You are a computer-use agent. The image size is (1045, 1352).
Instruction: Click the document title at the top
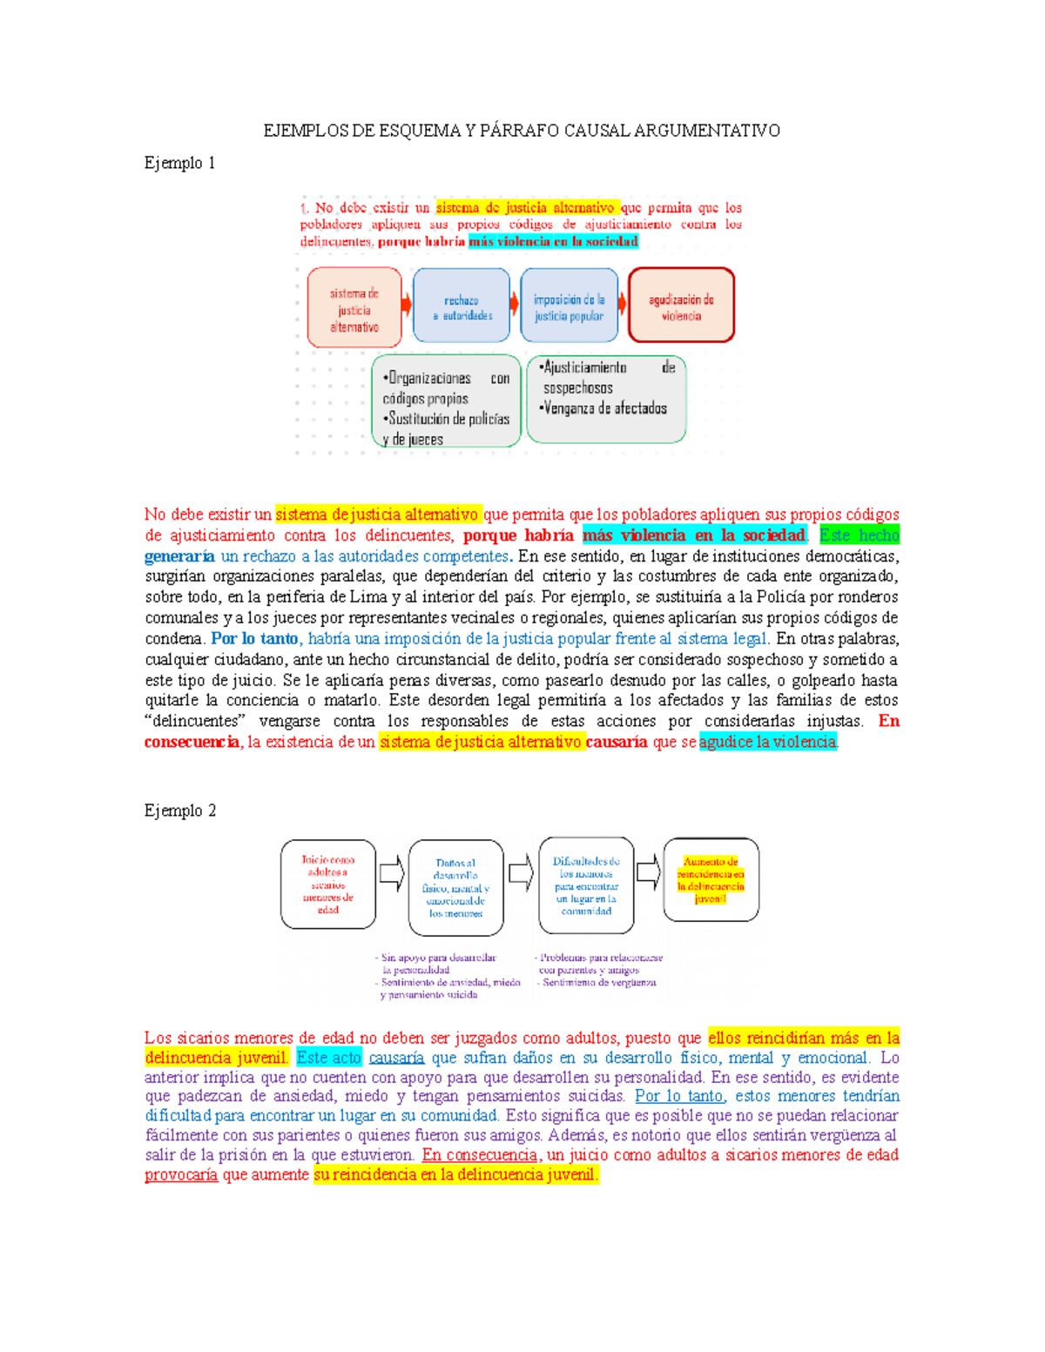point(522,131)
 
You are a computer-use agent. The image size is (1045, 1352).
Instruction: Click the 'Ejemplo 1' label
point(179,163)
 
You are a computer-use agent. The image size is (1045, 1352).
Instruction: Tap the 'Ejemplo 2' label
point(179,811)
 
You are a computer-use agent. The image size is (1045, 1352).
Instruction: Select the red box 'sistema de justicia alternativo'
point(354,308)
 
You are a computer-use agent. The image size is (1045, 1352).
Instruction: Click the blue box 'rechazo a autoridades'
point(462,306)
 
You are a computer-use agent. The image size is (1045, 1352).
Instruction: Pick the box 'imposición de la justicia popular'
point(569,306)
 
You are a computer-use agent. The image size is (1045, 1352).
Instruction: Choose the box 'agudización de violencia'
point(681,306)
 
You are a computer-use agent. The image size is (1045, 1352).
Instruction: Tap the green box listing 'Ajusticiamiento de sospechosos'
point(606,398)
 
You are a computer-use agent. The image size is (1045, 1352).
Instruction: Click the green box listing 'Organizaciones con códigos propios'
point(446,401)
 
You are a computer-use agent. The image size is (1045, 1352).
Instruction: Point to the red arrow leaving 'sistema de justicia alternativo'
point(407,306)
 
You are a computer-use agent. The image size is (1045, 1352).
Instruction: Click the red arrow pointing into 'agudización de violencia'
point(623,304)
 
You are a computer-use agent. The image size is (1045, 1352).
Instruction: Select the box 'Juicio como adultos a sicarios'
point(328,884)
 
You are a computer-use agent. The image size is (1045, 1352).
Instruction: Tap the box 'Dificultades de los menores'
point(586,885)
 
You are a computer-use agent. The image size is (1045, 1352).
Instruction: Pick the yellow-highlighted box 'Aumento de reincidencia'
point(711,880)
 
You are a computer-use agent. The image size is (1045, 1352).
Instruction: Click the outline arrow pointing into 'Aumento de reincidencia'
point(649,871)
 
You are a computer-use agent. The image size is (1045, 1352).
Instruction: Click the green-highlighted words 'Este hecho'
point(859,535)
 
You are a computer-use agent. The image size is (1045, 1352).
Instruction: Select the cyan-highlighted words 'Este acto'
point(328,1058)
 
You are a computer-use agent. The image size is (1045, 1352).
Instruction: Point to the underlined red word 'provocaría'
point(181,1174)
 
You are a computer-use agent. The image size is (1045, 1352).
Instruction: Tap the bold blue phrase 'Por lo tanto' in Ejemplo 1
point(254,638)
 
